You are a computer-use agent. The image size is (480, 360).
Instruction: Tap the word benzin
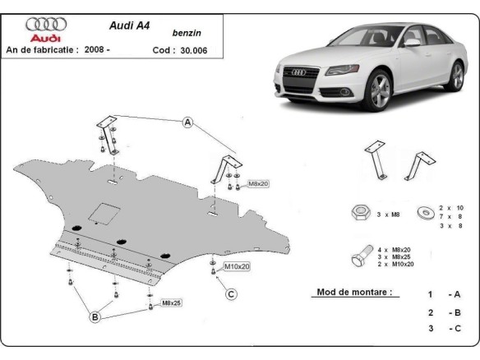(x=187, y=35)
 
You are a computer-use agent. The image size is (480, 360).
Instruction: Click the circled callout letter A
(x=187, y=123)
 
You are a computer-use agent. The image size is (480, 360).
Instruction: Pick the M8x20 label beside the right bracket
(x=258, y=184)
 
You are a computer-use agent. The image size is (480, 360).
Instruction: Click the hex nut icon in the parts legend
(x=358, y=213)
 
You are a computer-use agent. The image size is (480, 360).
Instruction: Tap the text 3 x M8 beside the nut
(x=387, y=215)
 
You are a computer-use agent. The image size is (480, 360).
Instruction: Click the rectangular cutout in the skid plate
(x=105, y=213)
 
